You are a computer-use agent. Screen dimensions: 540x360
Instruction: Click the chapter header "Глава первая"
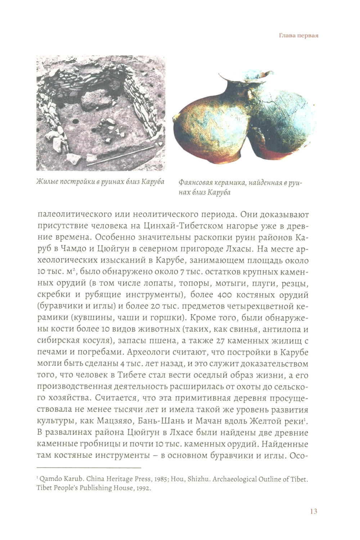point(299,36)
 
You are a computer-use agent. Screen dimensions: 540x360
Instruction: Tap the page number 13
point(313,511)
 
